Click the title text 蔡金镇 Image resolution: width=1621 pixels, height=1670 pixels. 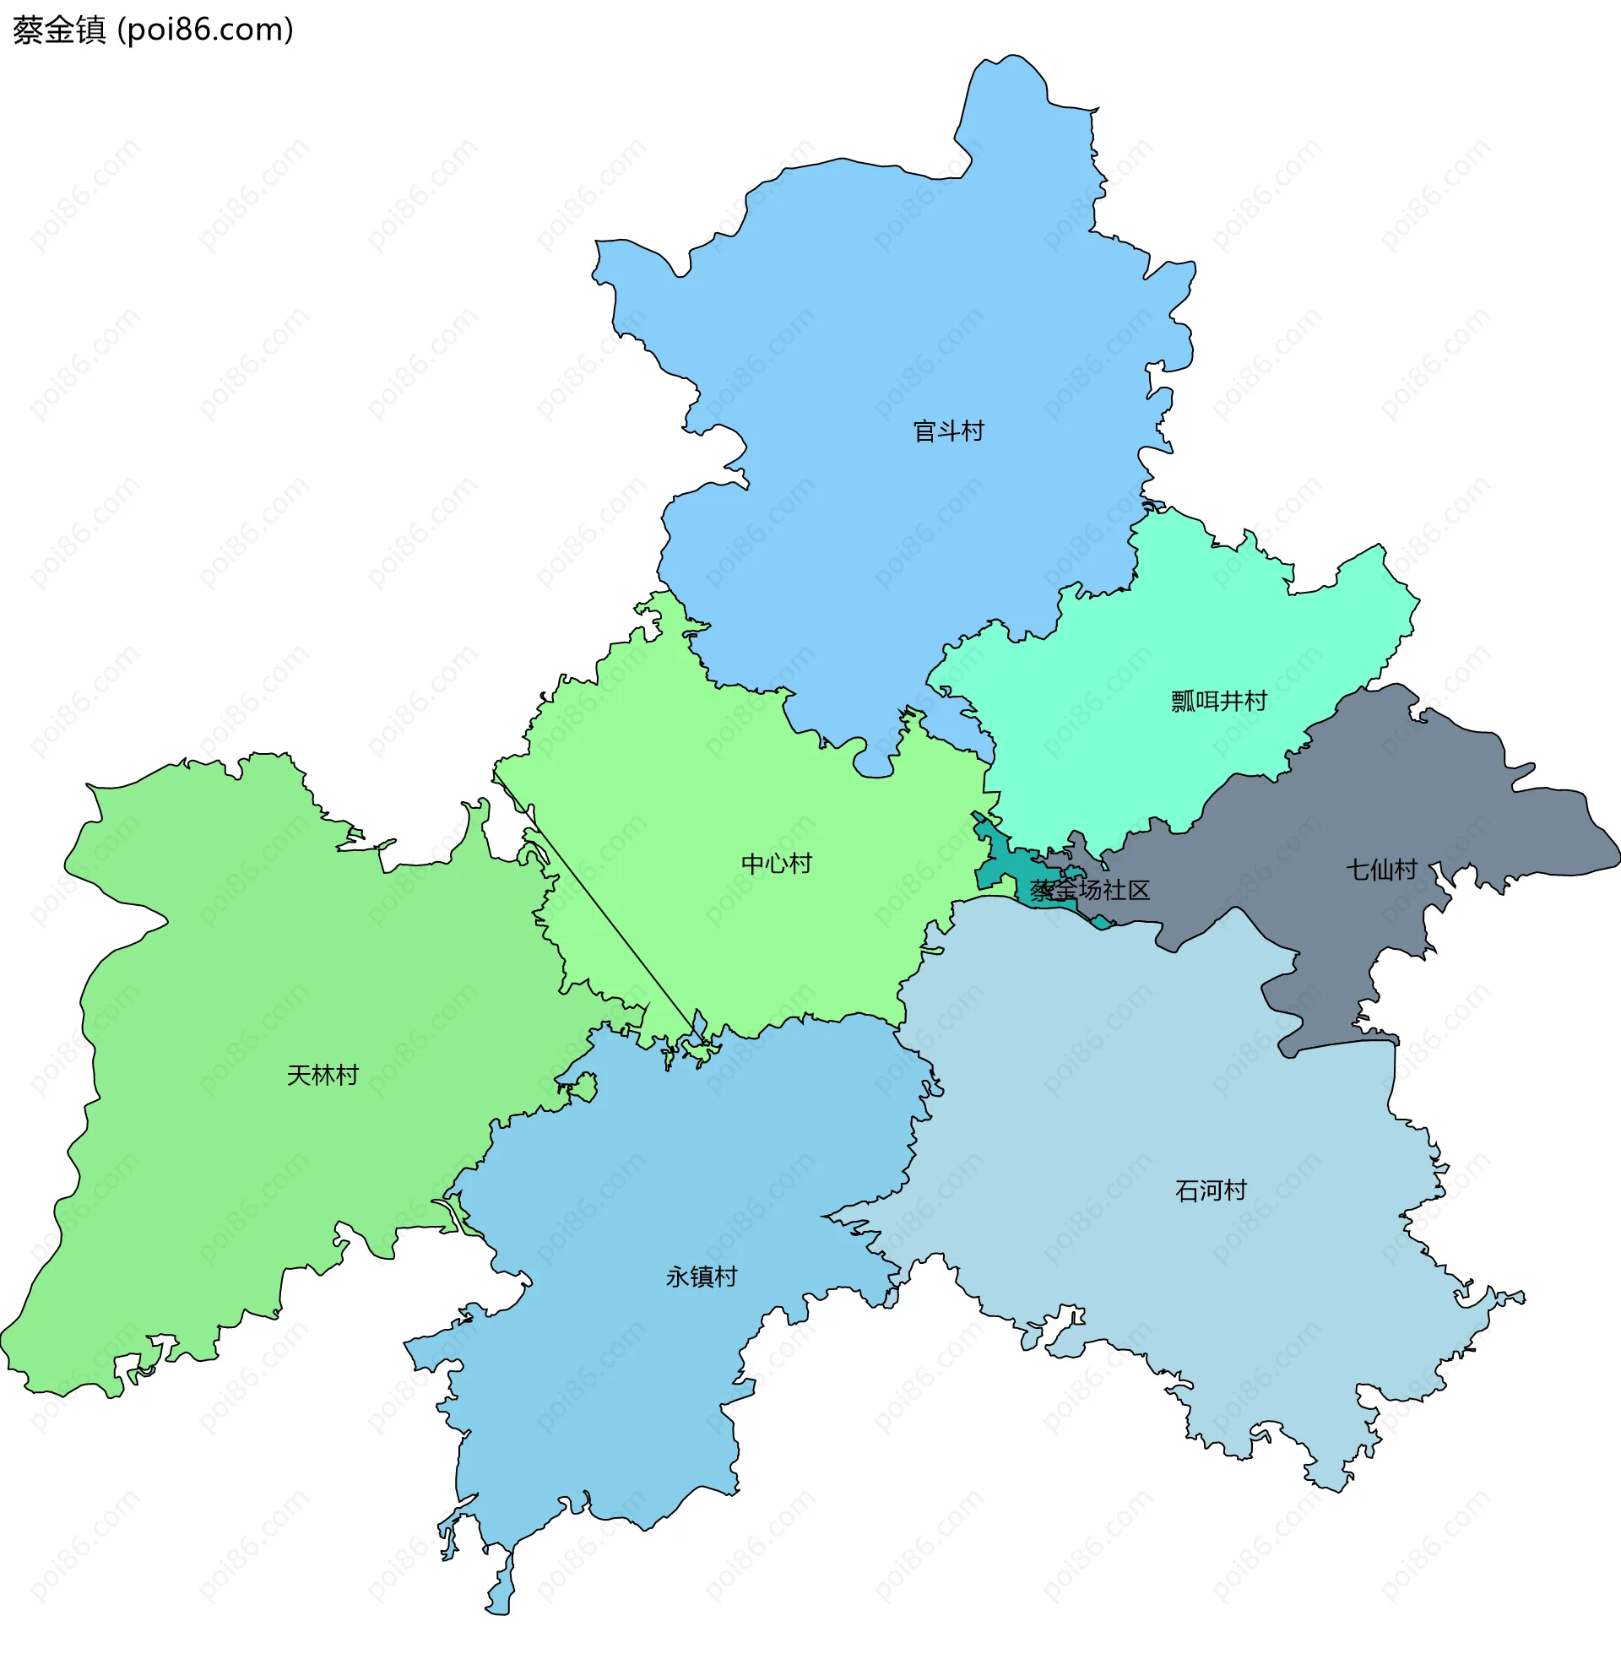[x=59, y=30]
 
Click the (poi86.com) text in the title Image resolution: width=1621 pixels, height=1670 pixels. [x=205, y=30]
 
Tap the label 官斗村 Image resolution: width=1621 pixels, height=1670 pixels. [x=948, y=431]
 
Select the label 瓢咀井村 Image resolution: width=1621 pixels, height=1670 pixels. [x=1219, y=702]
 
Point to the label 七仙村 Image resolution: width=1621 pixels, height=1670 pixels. [x=1380, y=870]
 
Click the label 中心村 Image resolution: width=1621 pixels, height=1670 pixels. [x=776, y=864]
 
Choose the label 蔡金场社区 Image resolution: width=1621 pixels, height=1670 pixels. [x=1089, y=891]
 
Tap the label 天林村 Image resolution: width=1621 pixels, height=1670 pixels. [x=322, y=1076]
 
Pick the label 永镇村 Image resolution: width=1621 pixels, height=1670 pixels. [x=701, y=1277]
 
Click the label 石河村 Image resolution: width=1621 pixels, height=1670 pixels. [x=1211, y=1190]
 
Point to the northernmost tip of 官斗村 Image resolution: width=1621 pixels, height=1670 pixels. [x=1011, y=58]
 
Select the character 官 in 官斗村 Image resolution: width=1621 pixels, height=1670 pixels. [x=925, y=431]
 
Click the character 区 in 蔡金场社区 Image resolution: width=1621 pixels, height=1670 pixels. [x=1139, y=891]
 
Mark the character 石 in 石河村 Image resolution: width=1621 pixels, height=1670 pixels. [x=1186, y=1190]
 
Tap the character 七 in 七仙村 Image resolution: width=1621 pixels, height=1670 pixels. [x=1358, y=870]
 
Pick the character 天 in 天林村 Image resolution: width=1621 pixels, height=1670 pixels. [x=298, y=1076]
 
